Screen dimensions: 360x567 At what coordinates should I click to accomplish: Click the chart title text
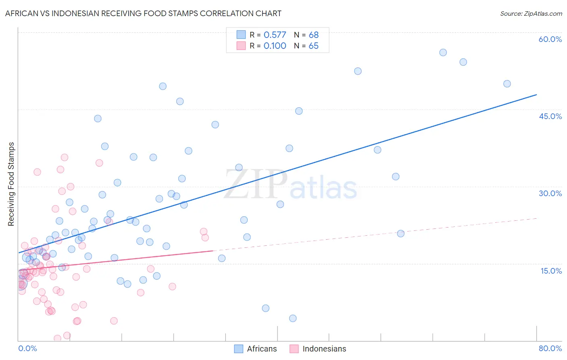pos(143,13)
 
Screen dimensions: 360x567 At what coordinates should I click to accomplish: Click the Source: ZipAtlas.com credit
pos(531,13)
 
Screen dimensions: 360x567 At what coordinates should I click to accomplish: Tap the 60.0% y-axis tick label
pos(550,39)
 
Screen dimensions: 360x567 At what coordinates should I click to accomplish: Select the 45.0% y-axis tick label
pos(550,116)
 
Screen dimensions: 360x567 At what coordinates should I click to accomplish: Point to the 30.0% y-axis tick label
pos(550,193)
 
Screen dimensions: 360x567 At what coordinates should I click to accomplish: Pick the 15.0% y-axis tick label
pos(551,271)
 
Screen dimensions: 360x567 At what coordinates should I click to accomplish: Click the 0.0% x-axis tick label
pos(27,348)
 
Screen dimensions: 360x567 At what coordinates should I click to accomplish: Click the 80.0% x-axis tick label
pos(550,348)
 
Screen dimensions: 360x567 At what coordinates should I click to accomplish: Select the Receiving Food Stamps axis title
pos(11,184)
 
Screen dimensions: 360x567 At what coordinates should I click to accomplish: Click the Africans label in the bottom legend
pos(262,349)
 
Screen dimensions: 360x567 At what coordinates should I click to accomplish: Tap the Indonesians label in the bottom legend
pos(324,349)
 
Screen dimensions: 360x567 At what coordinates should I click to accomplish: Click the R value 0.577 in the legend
pos(275,35)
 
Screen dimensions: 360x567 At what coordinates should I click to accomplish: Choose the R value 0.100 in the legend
pos(275,46)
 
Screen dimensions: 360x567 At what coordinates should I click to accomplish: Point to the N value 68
pos(313,35)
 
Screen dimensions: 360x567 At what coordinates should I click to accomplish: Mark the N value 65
pos(313,46)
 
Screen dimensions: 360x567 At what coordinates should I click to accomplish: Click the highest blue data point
pos(443,52)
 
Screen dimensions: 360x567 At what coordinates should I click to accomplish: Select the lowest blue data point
pos(293,318)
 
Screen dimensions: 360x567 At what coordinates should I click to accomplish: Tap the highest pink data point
pos(65,157)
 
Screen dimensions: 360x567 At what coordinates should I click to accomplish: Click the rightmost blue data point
pos(507,84)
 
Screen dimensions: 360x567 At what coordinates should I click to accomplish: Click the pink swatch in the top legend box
pos(241,46)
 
